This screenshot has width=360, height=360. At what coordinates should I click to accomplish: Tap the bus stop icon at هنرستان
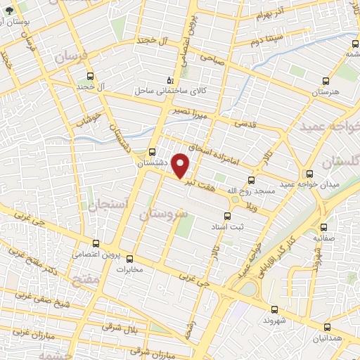pos(325,81)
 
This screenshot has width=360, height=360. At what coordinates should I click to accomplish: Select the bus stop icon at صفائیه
pos(324,227)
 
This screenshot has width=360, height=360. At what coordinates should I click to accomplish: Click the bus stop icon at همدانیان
pos(326,327)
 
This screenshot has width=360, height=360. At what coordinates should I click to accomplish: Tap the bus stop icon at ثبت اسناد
pos(227,216)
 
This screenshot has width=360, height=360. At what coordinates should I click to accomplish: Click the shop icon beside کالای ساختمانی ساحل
pos(168,80)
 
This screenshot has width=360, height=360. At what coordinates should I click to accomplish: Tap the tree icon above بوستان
pos(8,11)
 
